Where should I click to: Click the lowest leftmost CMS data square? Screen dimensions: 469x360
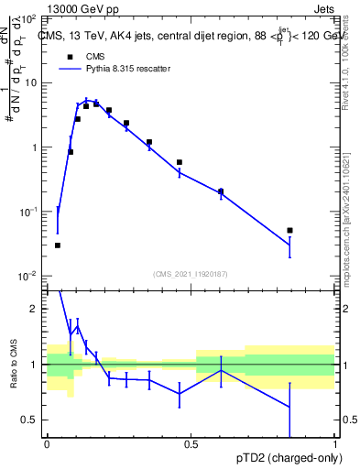point(57,245)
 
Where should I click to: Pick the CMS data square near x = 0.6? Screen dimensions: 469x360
point(221,191)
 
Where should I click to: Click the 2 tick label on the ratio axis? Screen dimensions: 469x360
point(34,309)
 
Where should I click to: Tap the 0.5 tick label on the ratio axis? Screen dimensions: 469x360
point(29,420)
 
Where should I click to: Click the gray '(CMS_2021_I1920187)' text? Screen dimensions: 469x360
point(191,272)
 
